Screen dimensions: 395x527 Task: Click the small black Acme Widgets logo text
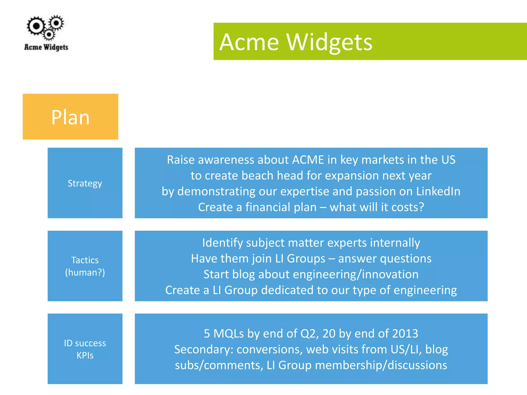pyautogui.click(x=46, y=47)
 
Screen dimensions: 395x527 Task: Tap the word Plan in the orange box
pyautogui.click(x=70, y=117)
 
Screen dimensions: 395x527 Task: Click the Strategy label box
pyautogui.click(x=85, y=183)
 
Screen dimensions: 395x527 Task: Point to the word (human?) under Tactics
pyautogui.click(x=85, y=272)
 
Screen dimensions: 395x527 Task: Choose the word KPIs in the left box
pyautogui.click(x=85, y=355)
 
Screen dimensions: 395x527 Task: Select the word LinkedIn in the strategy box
pyautogui.click(x=438, y=191)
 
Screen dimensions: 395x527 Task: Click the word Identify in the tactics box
pyautogui.click(x=222, y=243)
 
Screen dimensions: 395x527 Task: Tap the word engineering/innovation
pyautogui.click(x=356, y=274)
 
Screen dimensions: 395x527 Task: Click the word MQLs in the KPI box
pyautogui.click(x=229, y=334)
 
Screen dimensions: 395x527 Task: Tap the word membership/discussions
pyautogui.click(x=381, y=365)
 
